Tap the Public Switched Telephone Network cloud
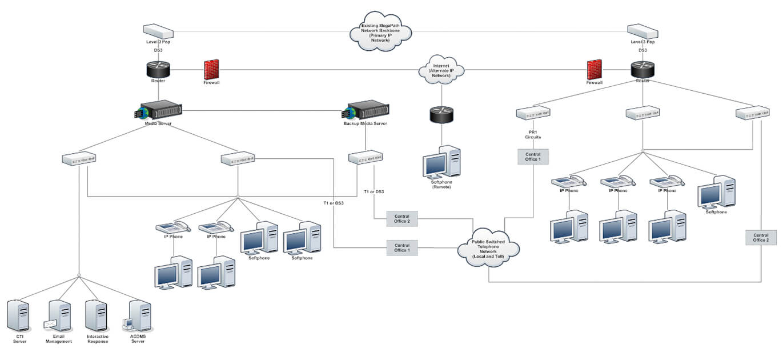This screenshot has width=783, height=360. pos(488,249)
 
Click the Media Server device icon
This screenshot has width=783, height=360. pos(158,110)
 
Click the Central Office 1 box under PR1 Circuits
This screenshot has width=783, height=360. pos(533,156)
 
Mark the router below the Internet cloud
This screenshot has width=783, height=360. pos(441,113)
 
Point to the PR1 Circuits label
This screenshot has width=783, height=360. pos(532,135)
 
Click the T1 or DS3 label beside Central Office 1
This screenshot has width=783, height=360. pos(333,203)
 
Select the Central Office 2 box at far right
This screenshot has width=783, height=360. pos(761,237)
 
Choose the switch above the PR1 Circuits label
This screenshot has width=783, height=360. pos(532,114)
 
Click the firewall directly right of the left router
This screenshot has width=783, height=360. pos(212,70)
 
